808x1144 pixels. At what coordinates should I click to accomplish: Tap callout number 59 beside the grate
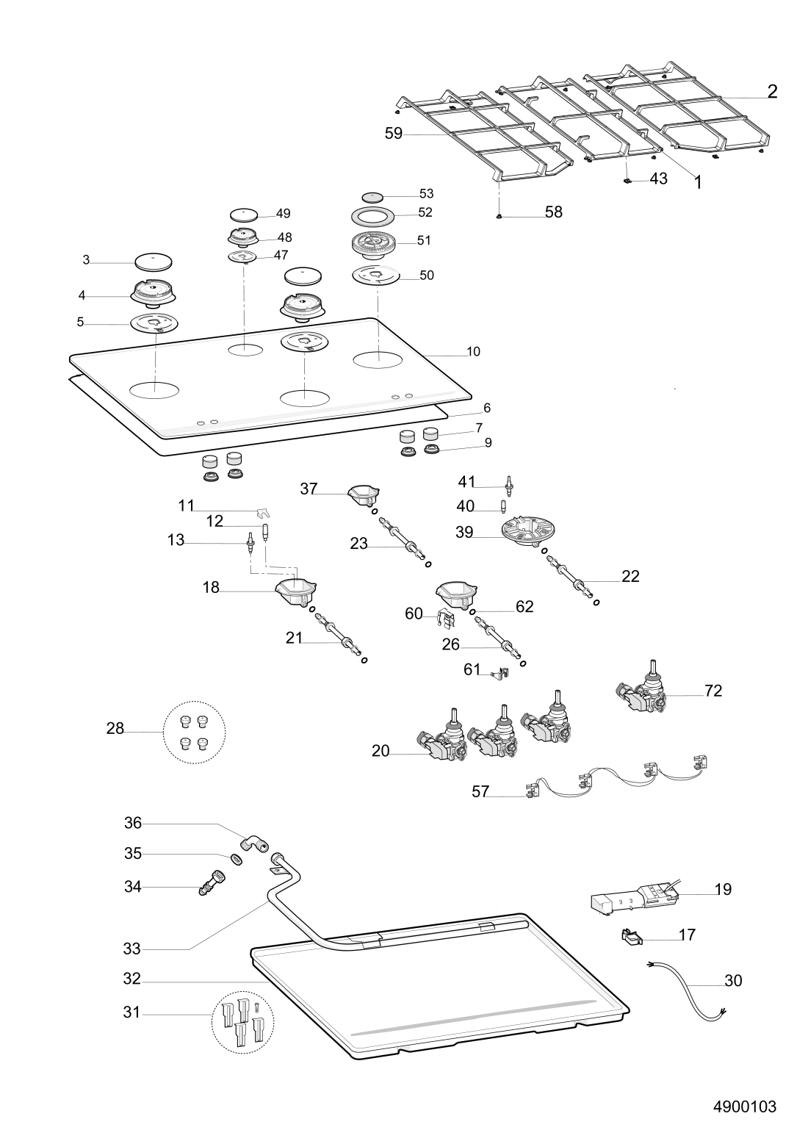[393, 133]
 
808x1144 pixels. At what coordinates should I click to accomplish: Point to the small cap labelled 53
[372, 197]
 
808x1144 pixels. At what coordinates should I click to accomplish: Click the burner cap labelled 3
[154, 262]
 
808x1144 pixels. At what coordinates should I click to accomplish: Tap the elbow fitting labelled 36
[256, 843]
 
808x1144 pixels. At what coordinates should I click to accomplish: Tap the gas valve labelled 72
[642, 689]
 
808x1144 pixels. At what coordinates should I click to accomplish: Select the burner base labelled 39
[528, 533]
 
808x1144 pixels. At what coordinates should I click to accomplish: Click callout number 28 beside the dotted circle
[115, 728]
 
